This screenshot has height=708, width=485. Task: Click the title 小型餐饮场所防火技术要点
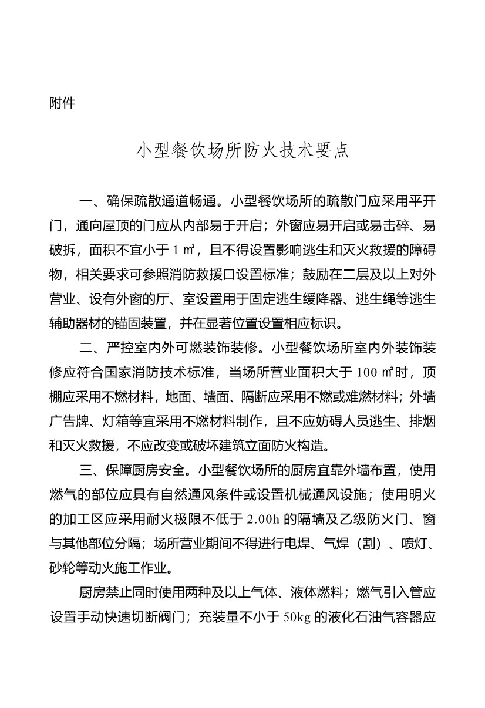[242, 151]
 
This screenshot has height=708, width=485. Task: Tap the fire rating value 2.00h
[264, 520]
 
